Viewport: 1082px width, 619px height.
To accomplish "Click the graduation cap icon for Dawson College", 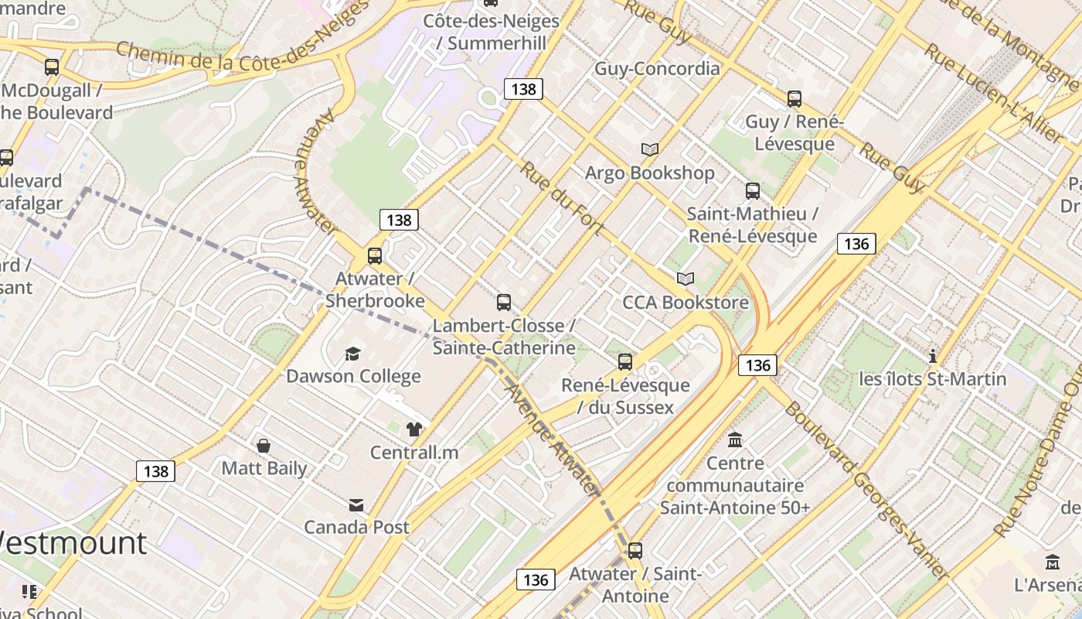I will point(352,354).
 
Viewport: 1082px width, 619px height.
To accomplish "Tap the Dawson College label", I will point(353,377).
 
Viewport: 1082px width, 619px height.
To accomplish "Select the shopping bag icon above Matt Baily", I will point(264,446).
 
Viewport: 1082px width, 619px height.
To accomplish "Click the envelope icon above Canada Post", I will point(356,505).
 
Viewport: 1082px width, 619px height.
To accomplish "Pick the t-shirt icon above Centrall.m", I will point(414,429).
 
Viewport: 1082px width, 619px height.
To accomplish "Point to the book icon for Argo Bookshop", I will point(649,149).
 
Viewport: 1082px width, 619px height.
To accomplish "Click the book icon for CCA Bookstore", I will point(686,279).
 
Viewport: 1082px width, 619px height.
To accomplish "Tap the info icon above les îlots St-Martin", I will point(933,356).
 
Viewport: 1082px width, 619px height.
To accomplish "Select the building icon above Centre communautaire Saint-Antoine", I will point(735,439).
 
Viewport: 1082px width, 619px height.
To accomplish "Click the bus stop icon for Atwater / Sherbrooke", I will point(375,255).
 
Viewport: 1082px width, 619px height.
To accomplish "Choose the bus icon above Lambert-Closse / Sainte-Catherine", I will point(504,302).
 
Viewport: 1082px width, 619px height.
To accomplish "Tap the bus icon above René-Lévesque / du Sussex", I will point(625,361).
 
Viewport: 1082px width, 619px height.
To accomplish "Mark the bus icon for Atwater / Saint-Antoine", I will point(635,551).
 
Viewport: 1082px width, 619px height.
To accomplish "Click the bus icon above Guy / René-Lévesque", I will point(794,99).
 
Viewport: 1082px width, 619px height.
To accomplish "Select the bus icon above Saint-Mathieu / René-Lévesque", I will point(753,190).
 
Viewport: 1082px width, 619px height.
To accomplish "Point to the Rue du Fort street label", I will point(562,197).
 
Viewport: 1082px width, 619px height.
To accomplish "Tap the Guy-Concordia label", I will point(657,68).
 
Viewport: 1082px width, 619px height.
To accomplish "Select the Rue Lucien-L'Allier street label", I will point(993,93).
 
